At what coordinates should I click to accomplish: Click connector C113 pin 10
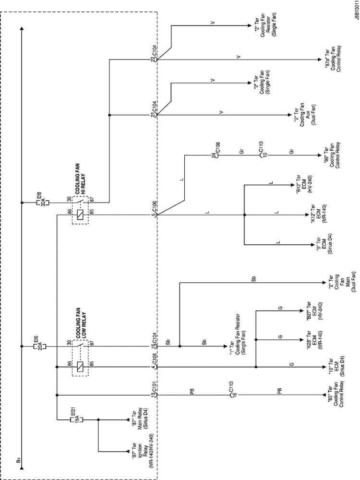tap(259, 155)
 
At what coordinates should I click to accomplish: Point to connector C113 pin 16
tap(230, 395)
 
